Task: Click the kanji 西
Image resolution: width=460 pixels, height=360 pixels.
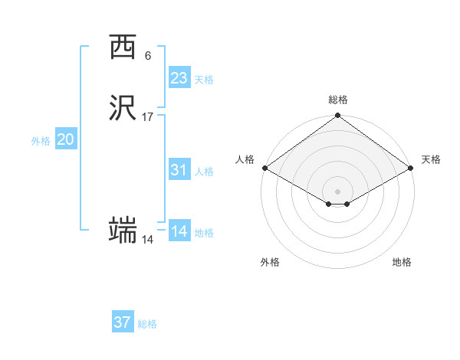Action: point(123,47)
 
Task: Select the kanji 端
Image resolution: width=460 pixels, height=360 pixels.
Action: point(123,230)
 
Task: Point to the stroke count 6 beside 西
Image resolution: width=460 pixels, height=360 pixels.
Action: point(147,56)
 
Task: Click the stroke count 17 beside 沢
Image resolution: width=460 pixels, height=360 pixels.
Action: point(148,117)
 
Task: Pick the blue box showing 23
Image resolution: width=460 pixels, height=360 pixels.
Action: point(179,78)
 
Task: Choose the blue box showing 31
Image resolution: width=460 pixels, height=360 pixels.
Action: point(179,170)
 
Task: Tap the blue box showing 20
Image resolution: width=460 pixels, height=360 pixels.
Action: point(65,139)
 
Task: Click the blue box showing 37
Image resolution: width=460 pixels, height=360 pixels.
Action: point(122,322)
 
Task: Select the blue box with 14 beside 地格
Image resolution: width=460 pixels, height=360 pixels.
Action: point(179,231)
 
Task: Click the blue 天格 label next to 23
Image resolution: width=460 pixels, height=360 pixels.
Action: point(204,80)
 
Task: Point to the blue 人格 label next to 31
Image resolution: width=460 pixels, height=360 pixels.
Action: point(204,172)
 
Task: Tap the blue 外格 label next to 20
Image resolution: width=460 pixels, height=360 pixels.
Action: point(41,141)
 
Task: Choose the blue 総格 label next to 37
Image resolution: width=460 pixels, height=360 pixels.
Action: point(147,324)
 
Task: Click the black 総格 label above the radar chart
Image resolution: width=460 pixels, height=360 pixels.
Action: point(338,100)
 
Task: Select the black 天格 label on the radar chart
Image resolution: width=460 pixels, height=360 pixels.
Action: point(431,159)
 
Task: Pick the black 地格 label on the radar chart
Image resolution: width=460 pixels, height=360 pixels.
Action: point(402,262)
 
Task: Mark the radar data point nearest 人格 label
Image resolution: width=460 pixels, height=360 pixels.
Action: point(264,168)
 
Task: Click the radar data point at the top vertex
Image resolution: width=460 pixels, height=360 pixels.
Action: point(337,117)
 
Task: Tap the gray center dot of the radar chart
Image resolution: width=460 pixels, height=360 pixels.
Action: point(337,191)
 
